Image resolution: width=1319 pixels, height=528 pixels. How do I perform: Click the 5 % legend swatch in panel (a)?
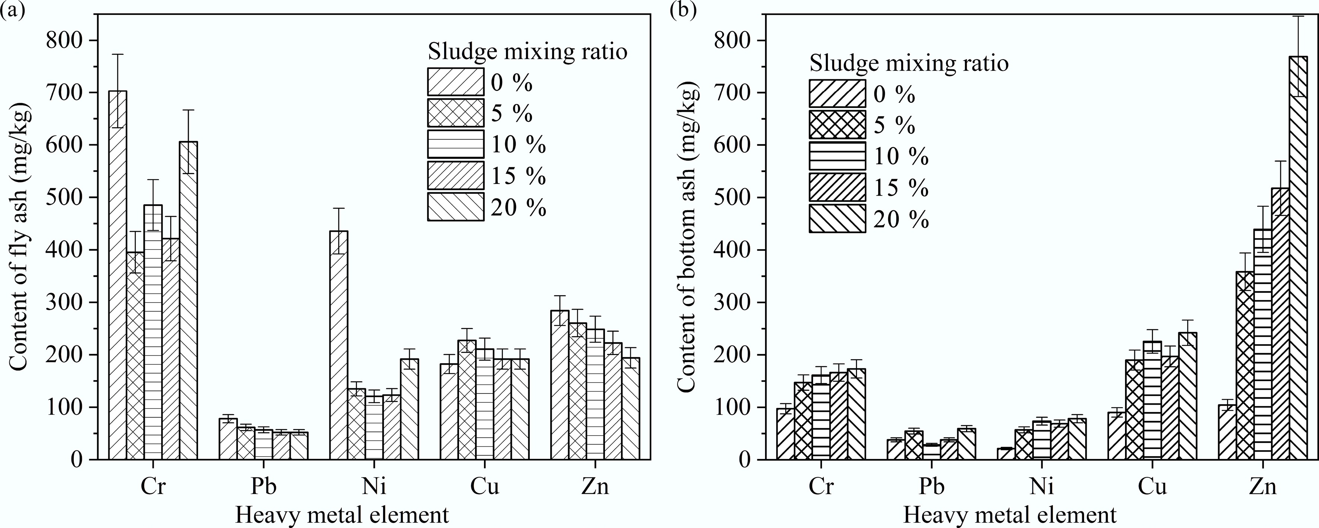click(x=456, y=112)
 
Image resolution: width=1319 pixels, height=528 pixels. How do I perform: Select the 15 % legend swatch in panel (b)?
click(x=837, y=187)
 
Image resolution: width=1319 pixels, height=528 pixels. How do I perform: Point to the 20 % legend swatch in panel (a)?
click(x=456, y=206)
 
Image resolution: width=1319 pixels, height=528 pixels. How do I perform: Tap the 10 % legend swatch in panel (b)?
click(x=837, y=156)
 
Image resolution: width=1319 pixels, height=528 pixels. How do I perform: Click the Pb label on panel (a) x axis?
click(x=263, y=486)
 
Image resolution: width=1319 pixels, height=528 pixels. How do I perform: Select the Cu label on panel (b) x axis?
click(x=1152, y=486)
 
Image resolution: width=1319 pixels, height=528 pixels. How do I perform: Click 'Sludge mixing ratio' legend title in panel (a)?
click(x=528, y=52)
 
